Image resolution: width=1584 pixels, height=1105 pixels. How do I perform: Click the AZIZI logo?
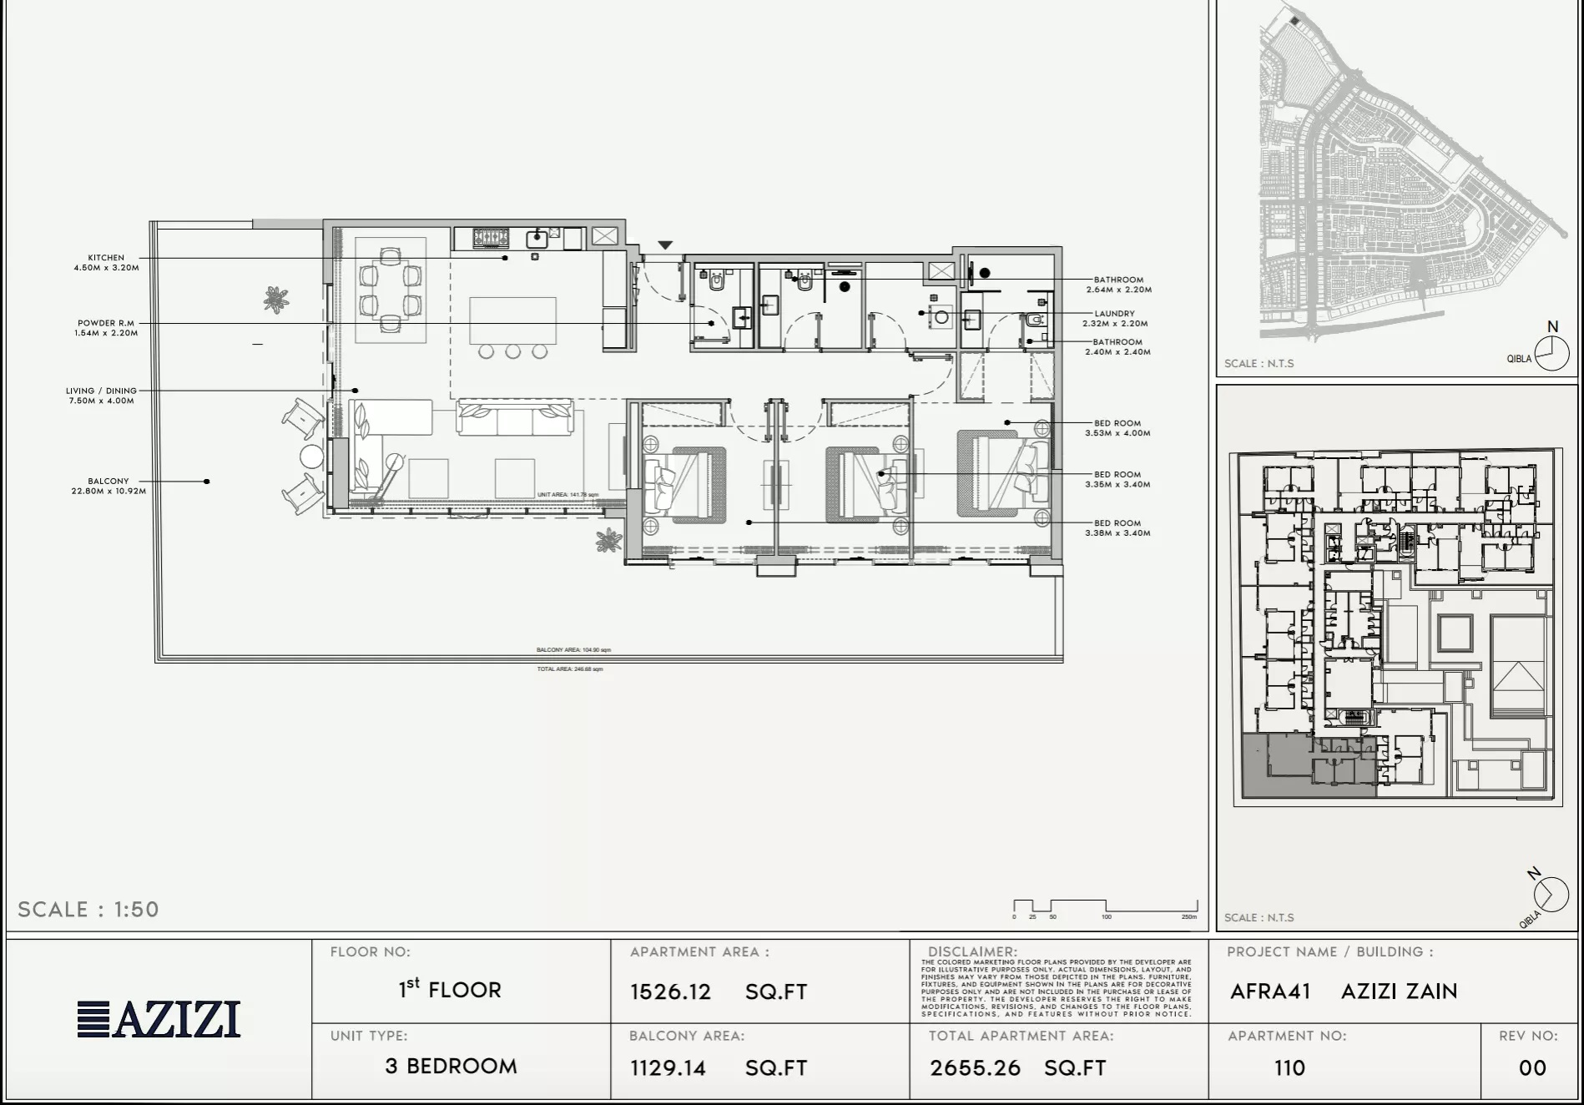(159, 1019)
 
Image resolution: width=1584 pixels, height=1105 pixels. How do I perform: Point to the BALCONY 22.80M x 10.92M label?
(108, 486)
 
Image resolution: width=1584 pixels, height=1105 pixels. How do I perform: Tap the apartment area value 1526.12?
(670, 991)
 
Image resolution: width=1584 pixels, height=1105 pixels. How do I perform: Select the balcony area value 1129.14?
(668, 1067)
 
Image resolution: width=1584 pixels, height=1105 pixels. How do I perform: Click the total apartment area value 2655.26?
(975, 1067)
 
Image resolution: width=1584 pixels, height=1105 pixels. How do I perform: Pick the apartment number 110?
(1289, 1067)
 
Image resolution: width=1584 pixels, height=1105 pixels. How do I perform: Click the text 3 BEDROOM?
(451, 1066)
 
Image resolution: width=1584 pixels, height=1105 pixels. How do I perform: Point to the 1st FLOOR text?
(450, 989)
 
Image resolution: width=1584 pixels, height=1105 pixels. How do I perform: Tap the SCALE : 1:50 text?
(88, 909)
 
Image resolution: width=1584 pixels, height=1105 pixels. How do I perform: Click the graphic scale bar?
(1105, 906)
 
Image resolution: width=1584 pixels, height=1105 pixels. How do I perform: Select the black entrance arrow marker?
(664, 245)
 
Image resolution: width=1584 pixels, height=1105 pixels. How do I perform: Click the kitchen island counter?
(512, 320)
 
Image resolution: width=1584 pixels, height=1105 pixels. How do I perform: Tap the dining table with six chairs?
(391, 289)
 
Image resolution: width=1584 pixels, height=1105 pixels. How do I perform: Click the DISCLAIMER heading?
(972, 951)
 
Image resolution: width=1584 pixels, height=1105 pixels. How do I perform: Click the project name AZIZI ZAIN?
(1399, 991)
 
